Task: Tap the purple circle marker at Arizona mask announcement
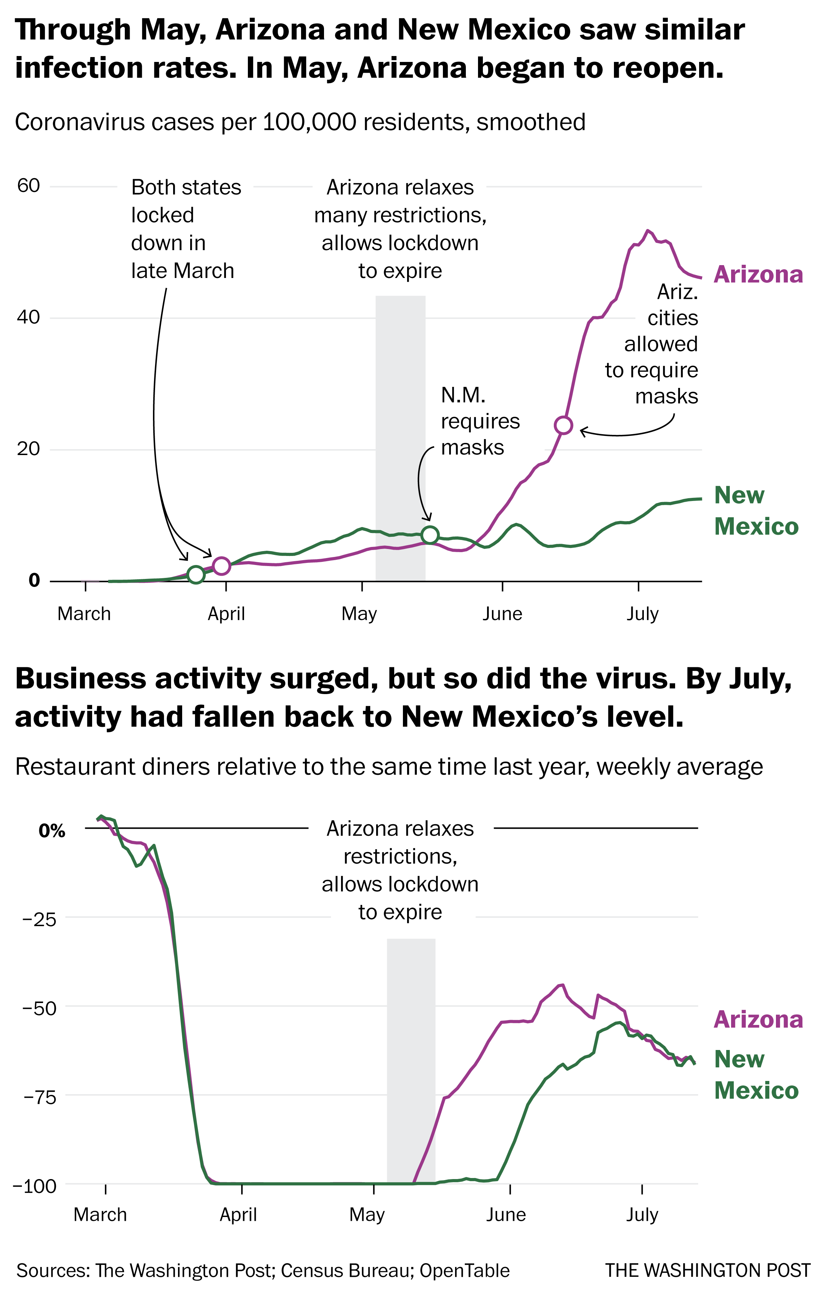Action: (563, 425)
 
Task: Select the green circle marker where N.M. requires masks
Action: (430, 535)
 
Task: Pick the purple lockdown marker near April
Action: (222, 566)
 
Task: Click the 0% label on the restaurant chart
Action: (52, 831)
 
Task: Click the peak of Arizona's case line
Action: (648, 231)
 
